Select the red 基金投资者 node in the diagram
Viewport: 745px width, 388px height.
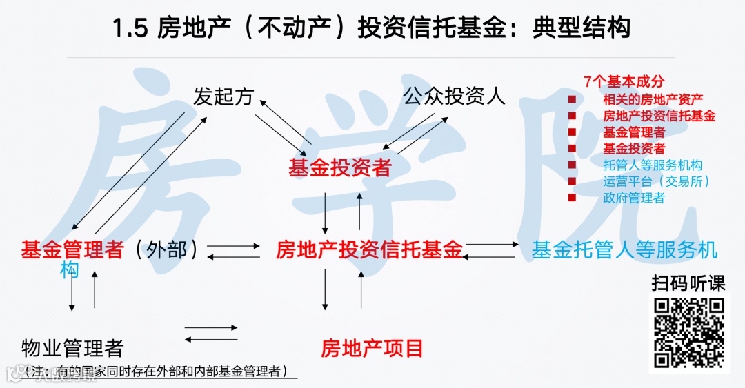(340, 167)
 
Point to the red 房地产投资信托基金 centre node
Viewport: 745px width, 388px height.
(369, 249)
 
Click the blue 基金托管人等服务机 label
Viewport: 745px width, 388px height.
(624, 249)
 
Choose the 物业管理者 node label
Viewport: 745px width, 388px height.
(72, 348)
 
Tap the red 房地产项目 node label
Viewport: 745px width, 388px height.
(372, 348)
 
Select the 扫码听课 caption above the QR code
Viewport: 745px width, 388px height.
(689, 283)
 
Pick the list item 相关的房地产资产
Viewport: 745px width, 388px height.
(653, 99)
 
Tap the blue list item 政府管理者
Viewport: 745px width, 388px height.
(634, 198)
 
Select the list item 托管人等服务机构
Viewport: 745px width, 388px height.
(653, 165)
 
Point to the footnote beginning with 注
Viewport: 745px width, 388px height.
(155, 371)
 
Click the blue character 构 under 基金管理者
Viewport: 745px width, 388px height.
(69, 270)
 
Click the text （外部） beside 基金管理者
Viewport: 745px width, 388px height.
(167, 249)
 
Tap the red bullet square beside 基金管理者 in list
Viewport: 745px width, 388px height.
(572, 132)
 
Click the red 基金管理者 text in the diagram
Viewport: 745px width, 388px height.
(72, 249)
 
